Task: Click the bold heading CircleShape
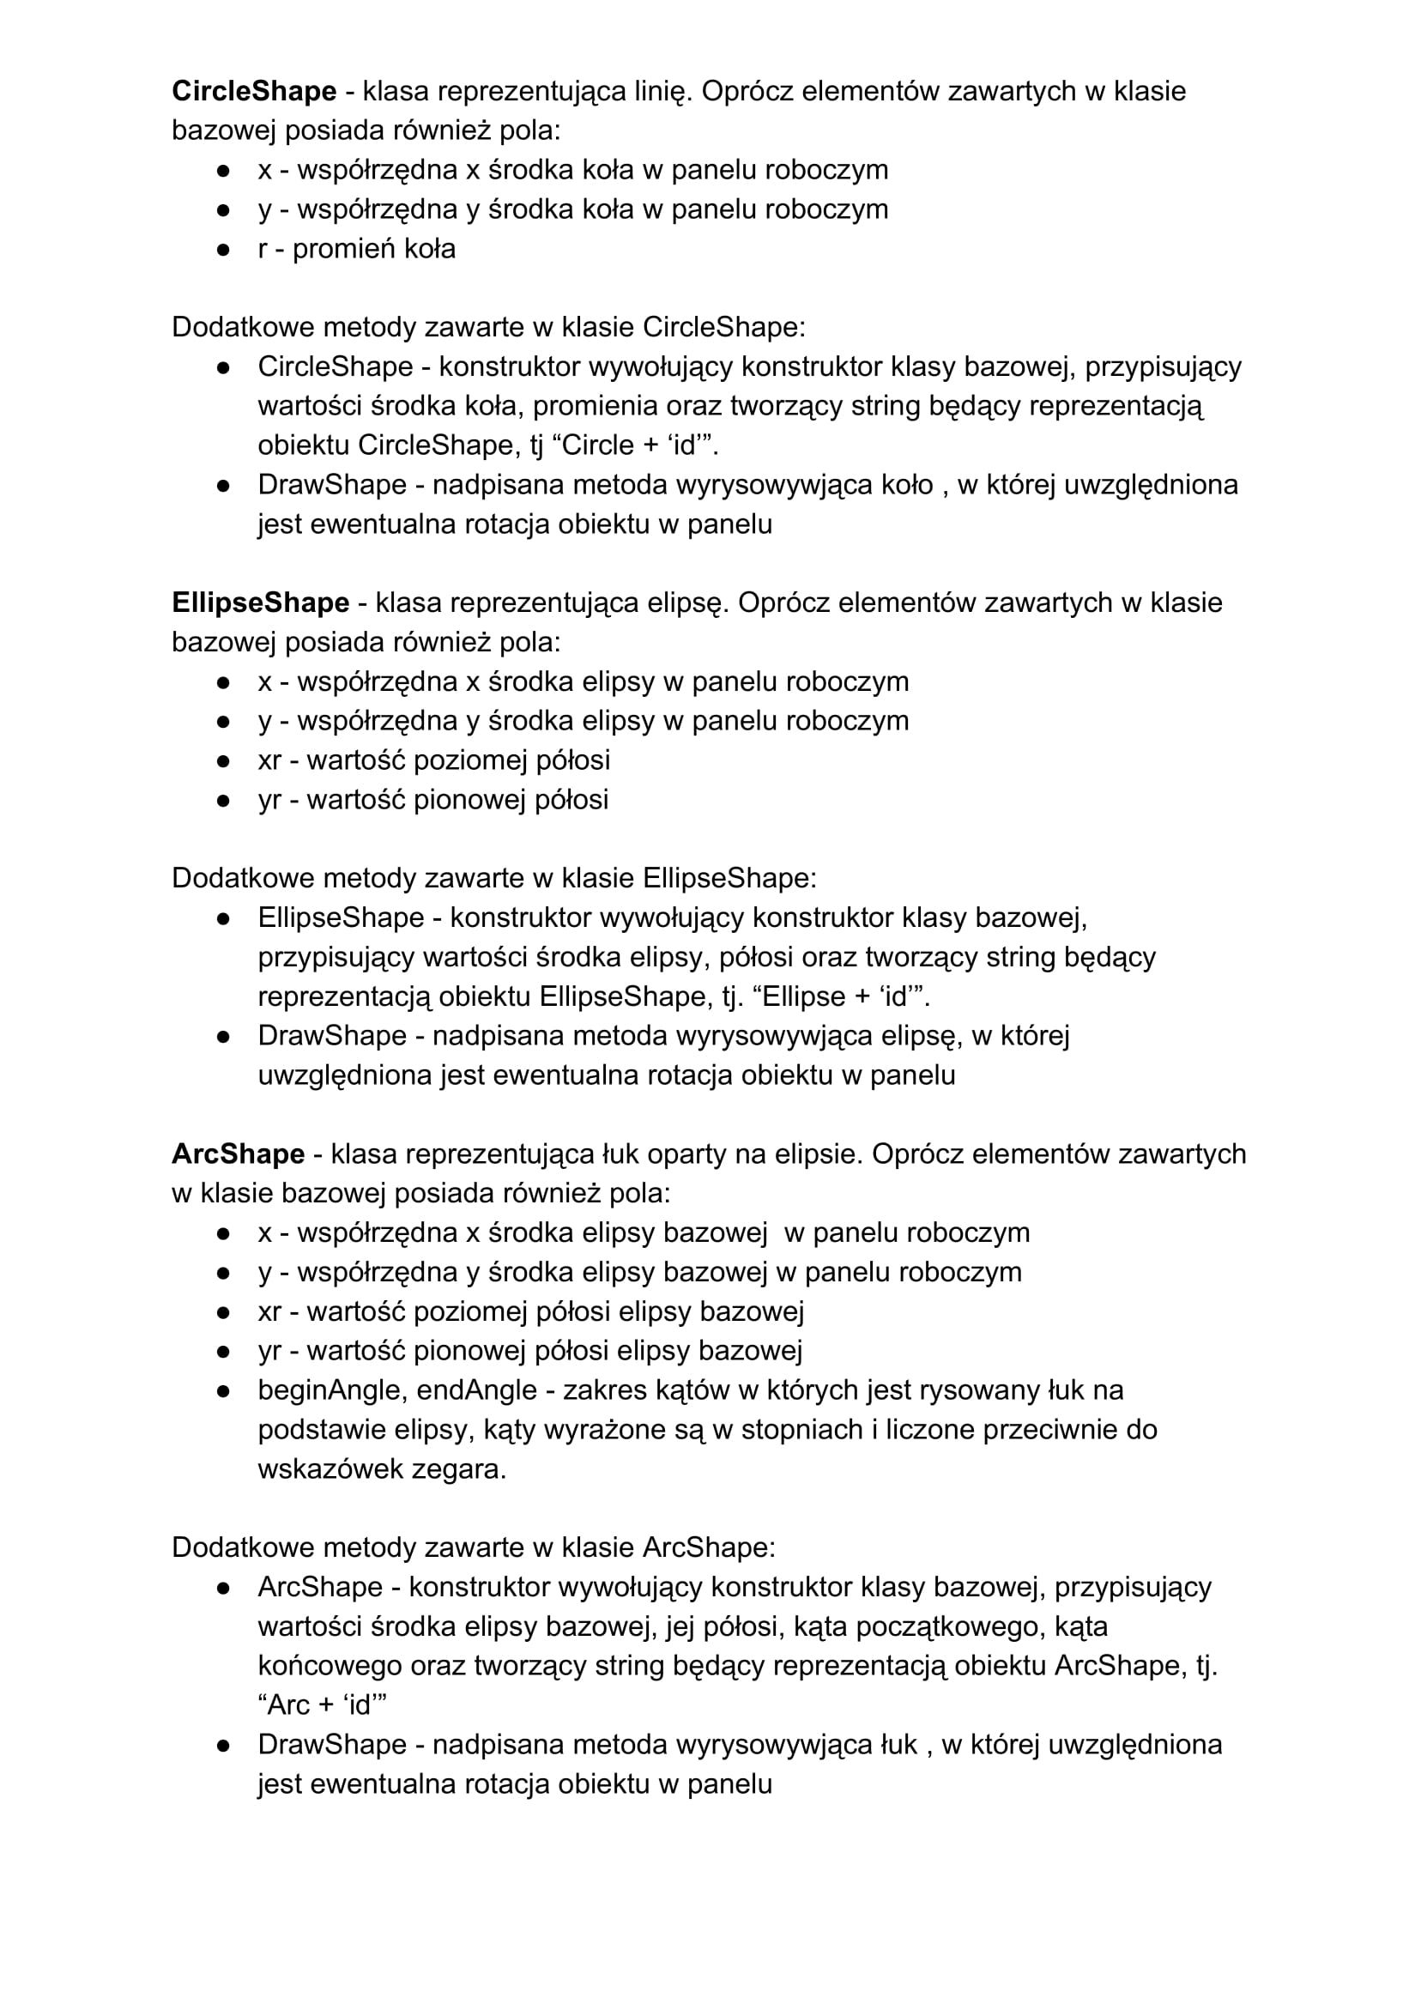[x=254, y=91]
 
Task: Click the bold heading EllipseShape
[x=260, y=602]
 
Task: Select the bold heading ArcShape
[x=239, y=1153]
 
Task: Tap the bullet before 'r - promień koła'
[x=223, y=250]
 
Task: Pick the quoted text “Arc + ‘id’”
[x=322, y=1705]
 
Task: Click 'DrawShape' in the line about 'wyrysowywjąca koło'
[x=332, y=485]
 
